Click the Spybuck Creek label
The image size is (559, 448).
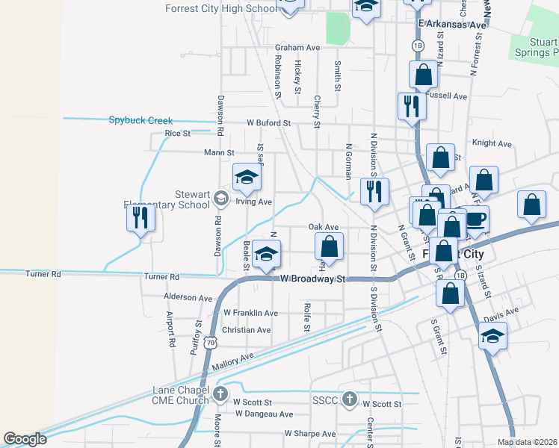coord(140,120)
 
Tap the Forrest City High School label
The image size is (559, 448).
coord(220,9)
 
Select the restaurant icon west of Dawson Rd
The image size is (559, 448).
coord(140,217)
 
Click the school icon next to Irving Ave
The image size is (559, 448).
coord(247,177)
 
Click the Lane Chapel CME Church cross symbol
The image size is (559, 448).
coord(220,393)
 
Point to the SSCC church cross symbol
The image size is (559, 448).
coord(349,399)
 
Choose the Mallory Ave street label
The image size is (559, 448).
coord(232,363)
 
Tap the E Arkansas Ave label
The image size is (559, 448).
coord(453,25)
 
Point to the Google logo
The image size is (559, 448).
coord(25,439)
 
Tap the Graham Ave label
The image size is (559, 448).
coord(297,47)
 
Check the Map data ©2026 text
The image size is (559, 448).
coord(527,442)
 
